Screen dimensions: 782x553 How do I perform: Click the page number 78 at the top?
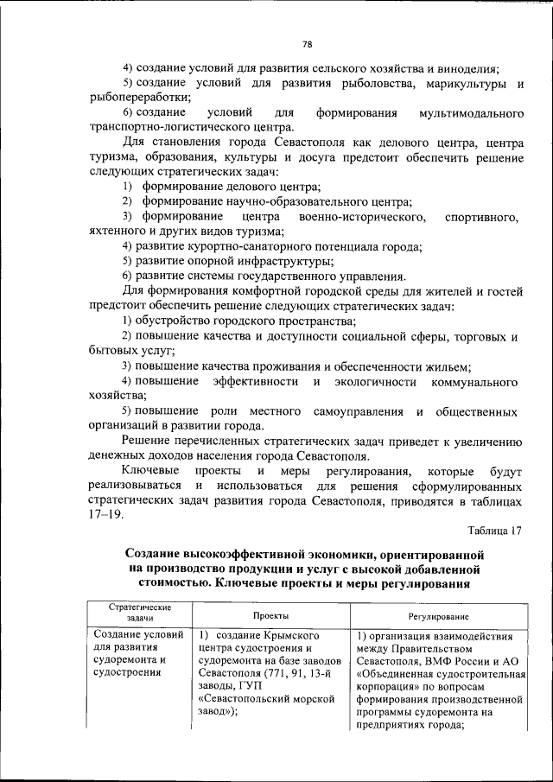point(307,45)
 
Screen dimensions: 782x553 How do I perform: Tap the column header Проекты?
point(270,617)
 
